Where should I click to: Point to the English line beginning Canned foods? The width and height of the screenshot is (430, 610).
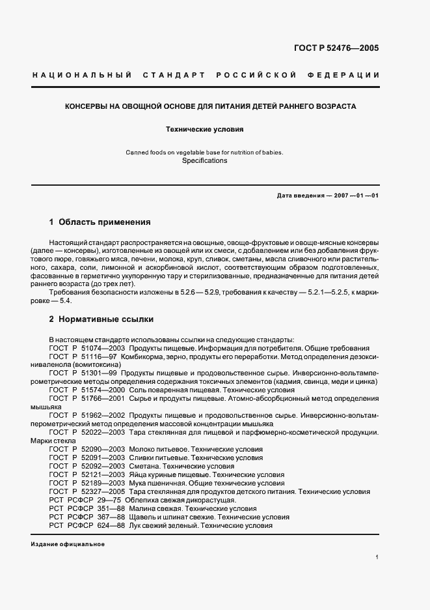point(204,152)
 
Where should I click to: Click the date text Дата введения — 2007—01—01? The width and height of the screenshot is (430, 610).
point(327,196)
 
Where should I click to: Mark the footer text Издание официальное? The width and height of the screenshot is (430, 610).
point(67,544)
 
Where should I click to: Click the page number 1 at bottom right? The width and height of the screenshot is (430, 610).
point(377,557)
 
